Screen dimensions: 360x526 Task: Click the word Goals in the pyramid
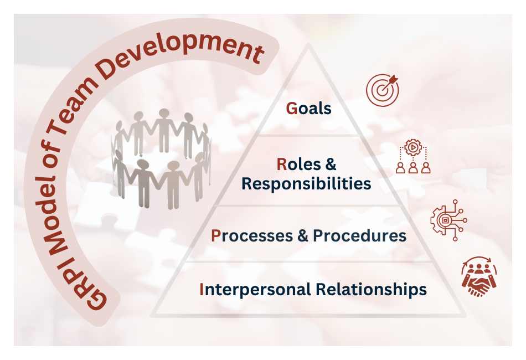[x=308, y=108]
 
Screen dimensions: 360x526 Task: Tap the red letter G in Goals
[x=291, y=108]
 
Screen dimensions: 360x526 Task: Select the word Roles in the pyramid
[x=299, y=164]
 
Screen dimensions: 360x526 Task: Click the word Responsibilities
[x=306, y=183]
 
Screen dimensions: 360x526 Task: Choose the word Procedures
[x=359, y=236]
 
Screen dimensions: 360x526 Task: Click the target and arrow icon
[x=382, y=90]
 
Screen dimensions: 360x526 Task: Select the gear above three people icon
[x=413, y=158]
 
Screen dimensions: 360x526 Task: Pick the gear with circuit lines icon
[x=448, y=220]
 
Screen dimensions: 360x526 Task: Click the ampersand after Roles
[x=330, y=164]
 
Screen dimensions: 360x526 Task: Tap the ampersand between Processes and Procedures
[x=302, y=236]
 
